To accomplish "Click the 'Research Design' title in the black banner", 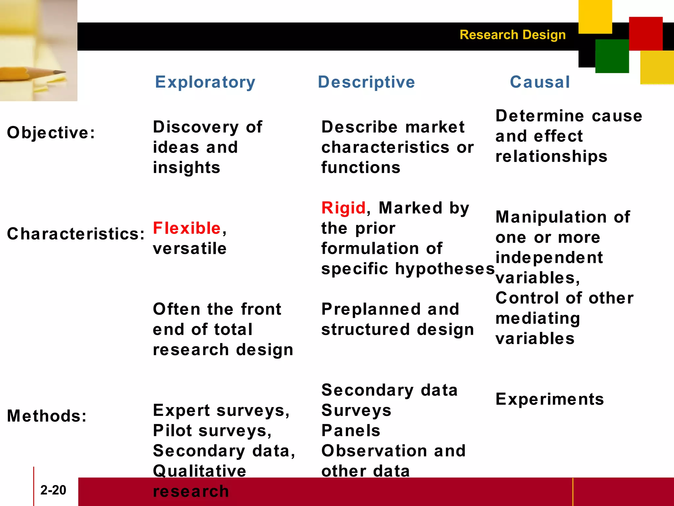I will [512, 35].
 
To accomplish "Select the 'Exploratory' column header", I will [205, 82].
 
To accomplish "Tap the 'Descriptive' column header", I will [366, 82].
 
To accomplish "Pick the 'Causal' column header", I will [540, 82].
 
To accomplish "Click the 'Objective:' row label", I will [51, 133].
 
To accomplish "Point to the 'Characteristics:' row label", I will [76, 234].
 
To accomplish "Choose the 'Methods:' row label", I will [47, 416].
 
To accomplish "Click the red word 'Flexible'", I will [187, 228].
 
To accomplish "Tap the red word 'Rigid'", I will [343, 208].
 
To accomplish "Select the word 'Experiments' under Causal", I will [550, 399].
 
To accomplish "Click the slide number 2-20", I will [53, 490].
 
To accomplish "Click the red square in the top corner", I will [645, 34].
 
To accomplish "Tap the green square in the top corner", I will [612, 56].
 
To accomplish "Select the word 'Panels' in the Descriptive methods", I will [351, 431].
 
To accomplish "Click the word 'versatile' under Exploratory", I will [190, 248].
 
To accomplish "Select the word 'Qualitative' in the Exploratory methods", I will [199, 471].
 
